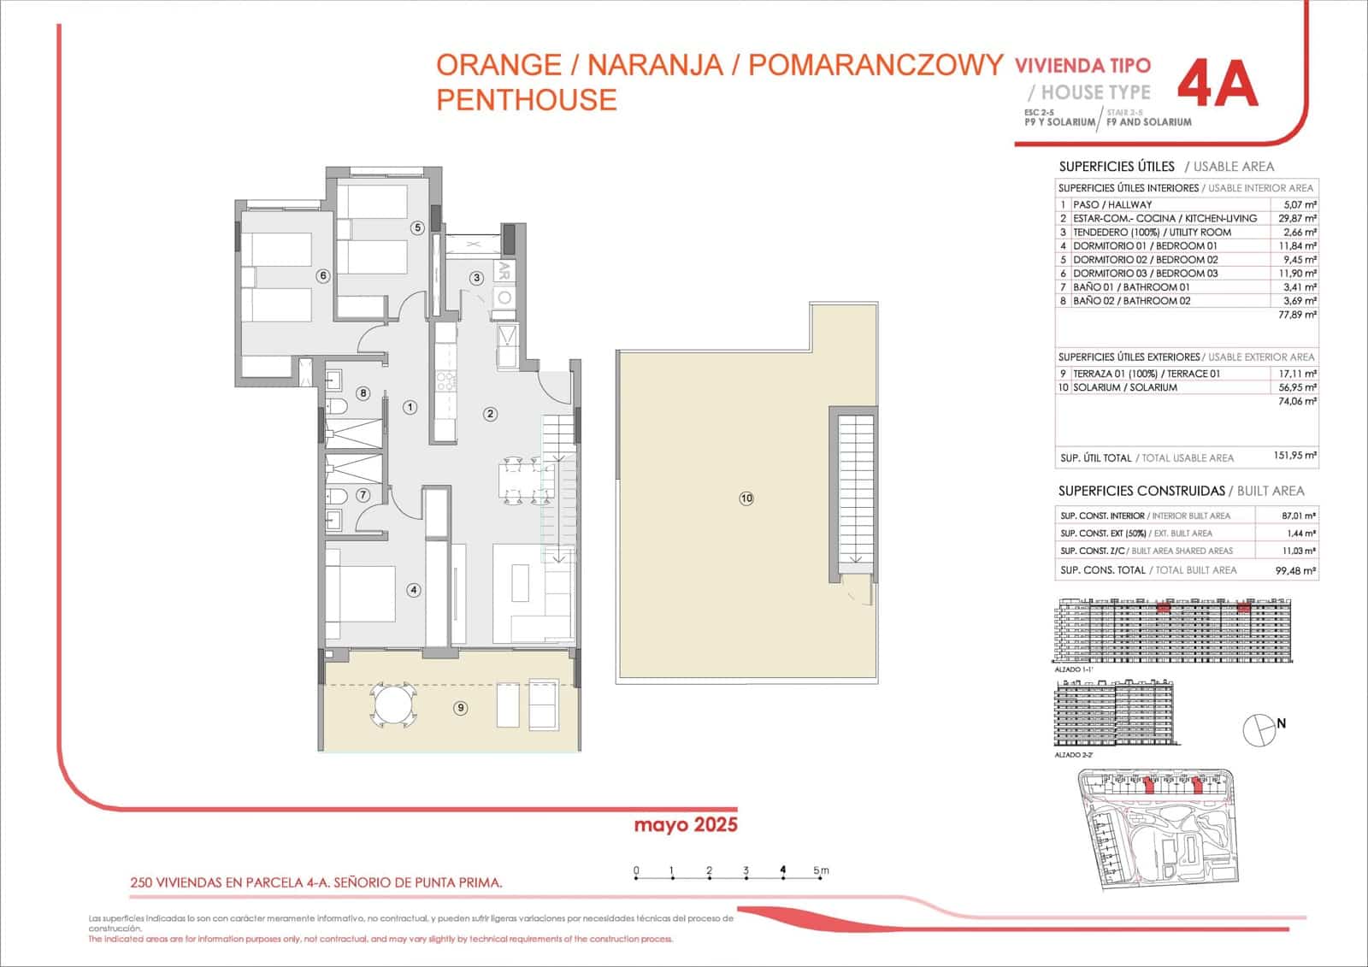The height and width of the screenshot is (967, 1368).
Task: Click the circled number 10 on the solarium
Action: [746, 498]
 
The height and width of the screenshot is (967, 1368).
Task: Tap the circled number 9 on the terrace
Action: [461, 707]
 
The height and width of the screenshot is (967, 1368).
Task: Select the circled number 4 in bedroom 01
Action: [414, 589]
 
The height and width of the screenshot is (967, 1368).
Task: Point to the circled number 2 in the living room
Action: [490, 414]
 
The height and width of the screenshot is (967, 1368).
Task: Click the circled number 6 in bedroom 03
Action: [322, 275]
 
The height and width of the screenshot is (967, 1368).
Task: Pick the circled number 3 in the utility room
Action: [477, 277]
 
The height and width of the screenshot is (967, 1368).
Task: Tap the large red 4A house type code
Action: [1218, 85]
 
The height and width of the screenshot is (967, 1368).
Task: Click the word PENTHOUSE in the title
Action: [526, 99]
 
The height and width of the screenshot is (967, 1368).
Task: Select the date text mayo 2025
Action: [685, 825]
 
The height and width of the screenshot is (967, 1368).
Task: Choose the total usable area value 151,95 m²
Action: [1294, 457]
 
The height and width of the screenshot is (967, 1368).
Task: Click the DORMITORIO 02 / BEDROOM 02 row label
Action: [1145, 259]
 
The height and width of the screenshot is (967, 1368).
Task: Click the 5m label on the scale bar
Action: [821, 871]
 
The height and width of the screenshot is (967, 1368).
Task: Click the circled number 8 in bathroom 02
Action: [363, 393]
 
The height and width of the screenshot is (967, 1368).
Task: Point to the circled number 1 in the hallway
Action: [410, 407]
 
